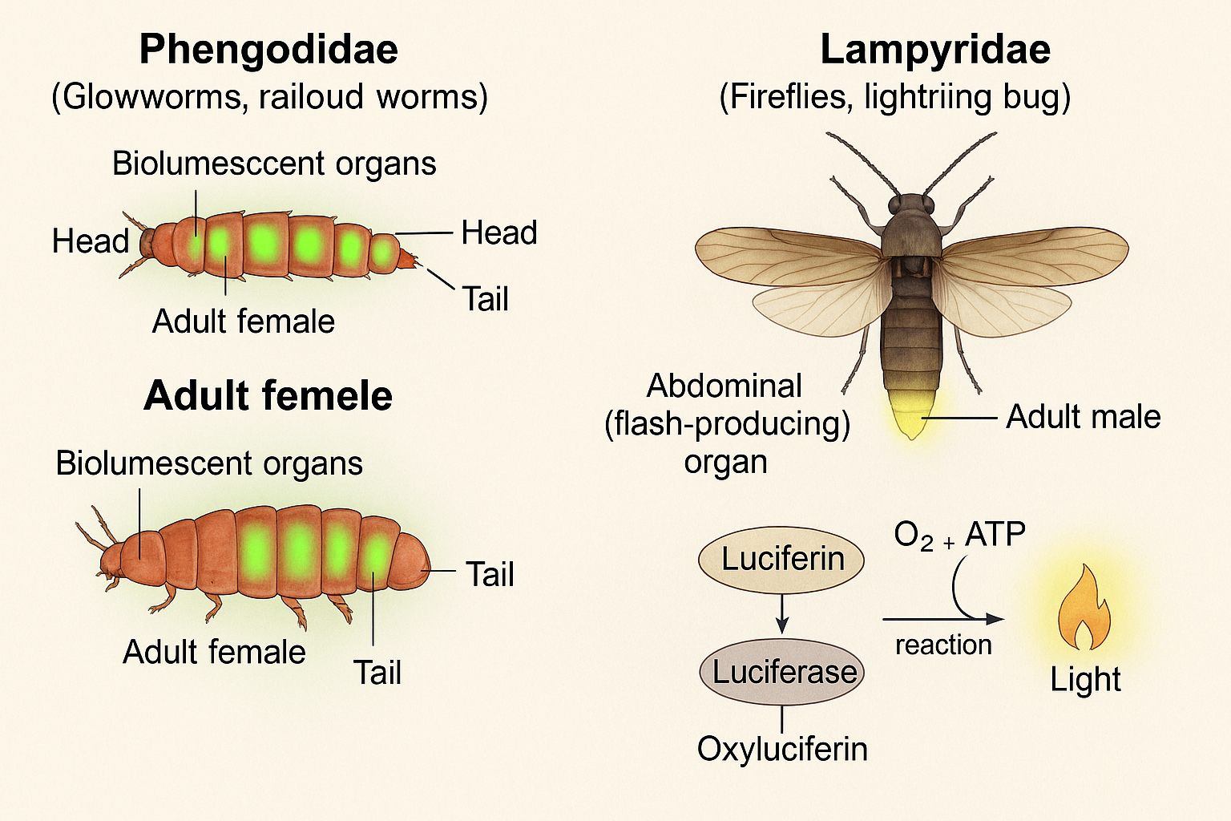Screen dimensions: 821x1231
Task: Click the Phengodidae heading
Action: coord(268,50)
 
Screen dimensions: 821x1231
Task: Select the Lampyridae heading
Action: coord(934,50)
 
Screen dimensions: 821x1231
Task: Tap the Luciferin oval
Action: coord(782,559)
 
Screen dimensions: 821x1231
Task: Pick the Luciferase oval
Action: coord(783,672)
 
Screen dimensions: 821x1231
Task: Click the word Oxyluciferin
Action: coord(782,749)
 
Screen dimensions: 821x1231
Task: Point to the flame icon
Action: coord(1084,607)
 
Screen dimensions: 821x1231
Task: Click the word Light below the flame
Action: coord(1085,680)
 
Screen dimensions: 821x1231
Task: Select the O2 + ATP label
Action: coord(959,536)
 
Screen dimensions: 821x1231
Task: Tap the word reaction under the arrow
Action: coord(943,645)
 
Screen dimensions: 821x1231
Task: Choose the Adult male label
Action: coord(1083,417)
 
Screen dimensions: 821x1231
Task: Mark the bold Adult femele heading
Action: coord(268,396)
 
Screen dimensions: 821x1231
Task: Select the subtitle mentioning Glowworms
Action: coord(269,97)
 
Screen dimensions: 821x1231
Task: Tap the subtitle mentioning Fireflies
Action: coord(894,97)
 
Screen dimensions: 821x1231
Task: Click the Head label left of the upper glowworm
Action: coord(90,241)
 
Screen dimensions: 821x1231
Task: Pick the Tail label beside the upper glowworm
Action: coord(485,299)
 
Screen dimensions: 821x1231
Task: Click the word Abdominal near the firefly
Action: coord(724,386)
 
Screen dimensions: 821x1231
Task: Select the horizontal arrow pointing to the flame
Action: coord(942,619)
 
